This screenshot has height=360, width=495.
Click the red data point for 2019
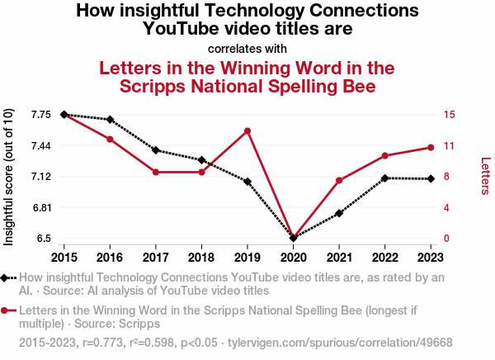(x=247, y=130)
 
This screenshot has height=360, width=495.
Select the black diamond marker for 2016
(x=110, y=120)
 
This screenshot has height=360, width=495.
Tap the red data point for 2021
(x=339, y=180)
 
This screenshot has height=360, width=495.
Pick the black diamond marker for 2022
(x=385, y=178)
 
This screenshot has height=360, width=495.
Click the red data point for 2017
(x=156, y=172)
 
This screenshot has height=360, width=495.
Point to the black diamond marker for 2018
(x=201, y=159)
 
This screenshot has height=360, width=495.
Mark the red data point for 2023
(x=431, y=147)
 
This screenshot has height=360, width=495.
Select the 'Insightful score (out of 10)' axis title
(x=9, y=177)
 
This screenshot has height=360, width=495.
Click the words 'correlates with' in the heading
(x=247, y=48)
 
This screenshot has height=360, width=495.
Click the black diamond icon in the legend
(x=8, y=278)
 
